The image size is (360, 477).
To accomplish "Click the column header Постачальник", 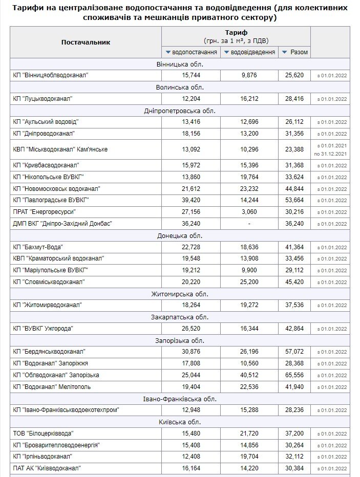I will pyautogui.click(x=86, y=42).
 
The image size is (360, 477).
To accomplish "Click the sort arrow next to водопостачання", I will pyautogui.click(x=168, y=52).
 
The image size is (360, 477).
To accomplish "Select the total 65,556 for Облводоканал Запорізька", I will pyautogui.click(x=295, y=375).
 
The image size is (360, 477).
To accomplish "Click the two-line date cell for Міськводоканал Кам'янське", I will pyautogui.click(x=330, y=149).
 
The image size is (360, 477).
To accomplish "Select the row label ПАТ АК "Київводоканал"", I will pyautogui.click(x=47, y=468).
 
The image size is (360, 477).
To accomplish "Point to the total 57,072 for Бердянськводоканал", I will pyautogui.click(x=295, y=352).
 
